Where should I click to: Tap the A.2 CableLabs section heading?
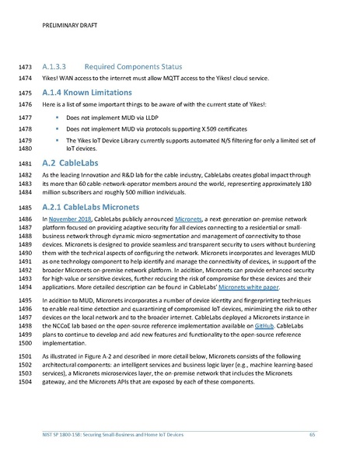click(x=74, y=164)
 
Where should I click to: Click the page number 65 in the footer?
click(x=312, y=433)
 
